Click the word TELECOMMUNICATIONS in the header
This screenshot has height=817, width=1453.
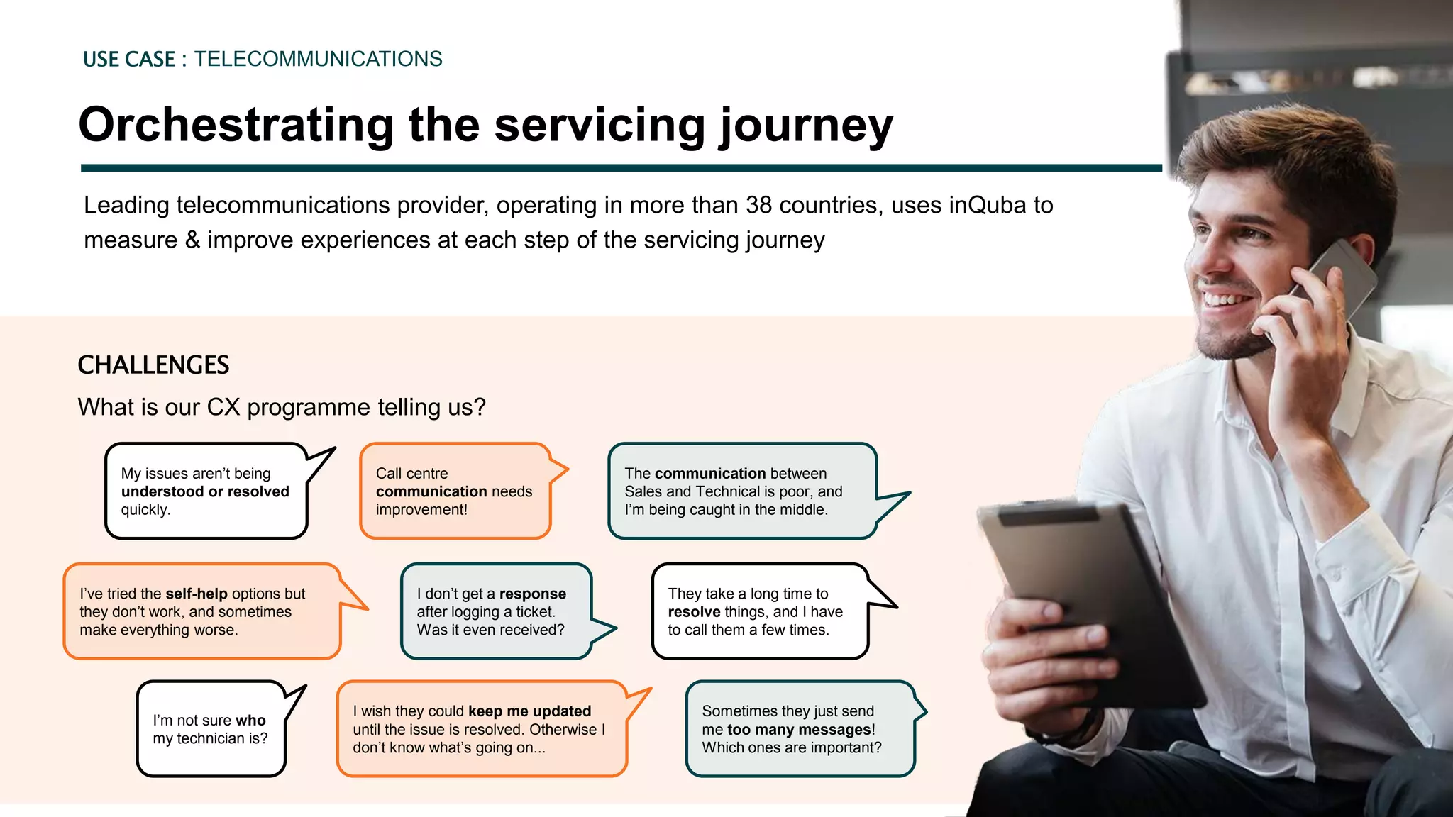tap(318, 59)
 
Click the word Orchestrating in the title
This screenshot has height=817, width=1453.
tap(236, 125)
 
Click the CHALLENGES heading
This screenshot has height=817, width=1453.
tap(153, 365)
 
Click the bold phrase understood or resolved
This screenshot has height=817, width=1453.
tap(205, 491)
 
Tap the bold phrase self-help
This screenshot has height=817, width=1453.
tap(197, 594)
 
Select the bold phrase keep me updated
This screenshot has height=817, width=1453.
tap(529, 711)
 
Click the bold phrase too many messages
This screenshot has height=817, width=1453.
tap(799, 730)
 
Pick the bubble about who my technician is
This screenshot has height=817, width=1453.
tap(211, 729)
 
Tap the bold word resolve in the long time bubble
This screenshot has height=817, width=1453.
tap(694, 612)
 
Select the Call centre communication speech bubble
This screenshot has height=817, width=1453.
tap(454, 491)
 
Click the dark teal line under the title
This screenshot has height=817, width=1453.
tap(621, 168)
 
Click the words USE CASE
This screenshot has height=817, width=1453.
tap(129, 60)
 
